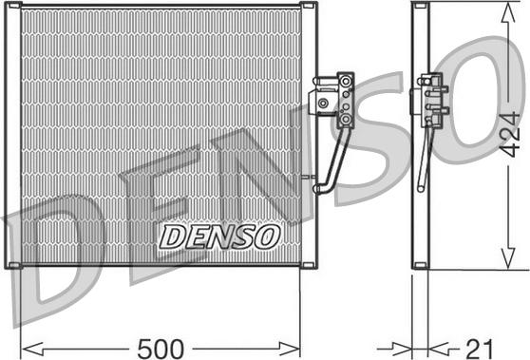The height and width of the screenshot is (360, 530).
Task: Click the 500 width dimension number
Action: [161, 349]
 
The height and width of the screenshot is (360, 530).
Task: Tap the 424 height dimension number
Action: [509, 135]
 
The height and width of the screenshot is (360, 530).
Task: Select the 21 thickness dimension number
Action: [480, 349]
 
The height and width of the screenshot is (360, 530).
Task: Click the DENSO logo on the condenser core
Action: [219, 237]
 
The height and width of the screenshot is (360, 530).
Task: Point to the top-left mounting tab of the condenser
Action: [14, 5]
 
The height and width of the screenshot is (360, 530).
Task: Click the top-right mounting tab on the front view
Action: [308, 5]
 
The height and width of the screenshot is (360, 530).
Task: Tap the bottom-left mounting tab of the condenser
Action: [14, 265]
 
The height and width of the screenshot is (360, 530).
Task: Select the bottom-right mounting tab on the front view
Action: [308, 265]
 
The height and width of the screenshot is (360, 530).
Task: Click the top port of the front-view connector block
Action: [346, 81]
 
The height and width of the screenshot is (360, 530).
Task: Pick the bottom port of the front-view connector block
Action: [346, 119]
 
